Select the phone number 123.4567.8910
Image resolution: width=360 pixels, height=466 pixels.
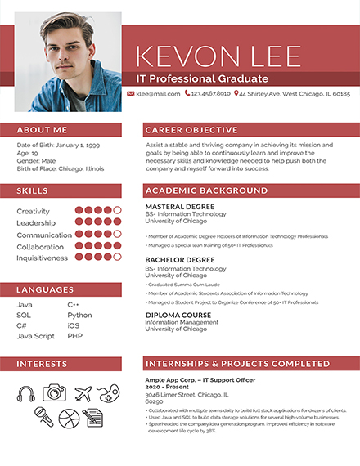tap(210, 94)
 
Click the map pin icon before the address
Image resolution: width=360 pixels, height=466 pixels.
tap(236, 94)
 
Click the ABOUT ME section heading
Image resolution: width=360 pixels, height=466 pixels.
tap(42, 130)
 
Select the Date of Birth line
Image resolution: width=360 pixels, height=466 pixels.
tap(58, 145)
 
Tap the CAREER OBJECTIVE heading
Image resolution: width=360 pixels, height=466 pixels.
tap(191, 130)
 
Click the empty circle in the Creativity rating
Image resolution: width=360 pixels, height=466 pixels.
tap(118, 211)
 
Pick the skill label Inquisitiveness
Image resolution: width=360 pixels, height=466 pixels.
tap(43, 258)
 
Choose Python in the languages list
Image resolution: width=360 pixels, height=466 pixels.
tap(79, 315)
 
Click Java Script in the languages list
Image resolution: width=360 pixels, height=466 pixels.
tap(35, 336)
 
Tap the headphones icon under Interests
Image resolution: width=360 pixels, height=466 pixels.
tap(26, 393)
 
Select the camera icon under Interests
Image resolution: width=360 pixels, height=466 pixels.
tap(54, 393)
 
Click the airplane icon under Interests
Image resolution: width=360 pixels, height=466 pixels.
tap(83, 393)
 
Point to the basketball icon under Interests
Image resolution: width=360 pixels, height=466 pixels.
tap(69, 419)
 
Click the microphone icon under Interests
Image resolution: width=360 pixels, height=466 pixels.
tap(43, 418)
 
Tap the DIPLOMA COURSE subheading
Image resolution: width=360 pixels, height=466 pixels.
tap(178, 315)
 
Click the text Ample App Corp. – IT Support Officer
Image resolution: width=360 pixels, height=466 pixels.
tap(194, 380)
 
